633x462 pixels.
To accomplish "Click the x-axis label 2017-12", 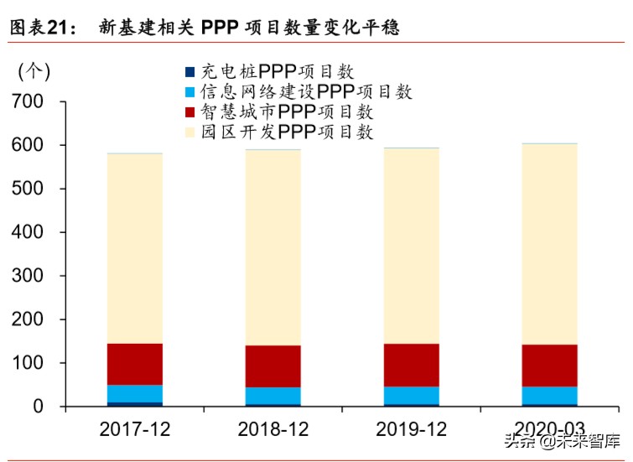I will click(135, 429).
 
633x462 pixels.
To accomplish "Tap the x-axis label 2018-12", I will click(273, 429).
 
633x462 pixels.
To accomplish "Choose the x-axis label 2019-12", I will click(412, 429).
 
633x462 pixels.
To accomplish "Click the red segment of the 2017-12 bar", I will click(135, 364).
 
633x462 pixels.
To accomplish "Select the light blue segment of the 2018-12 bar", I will click(273, 395).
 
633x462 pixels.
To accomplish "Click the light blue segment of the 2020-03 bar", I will click(550, 395).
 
